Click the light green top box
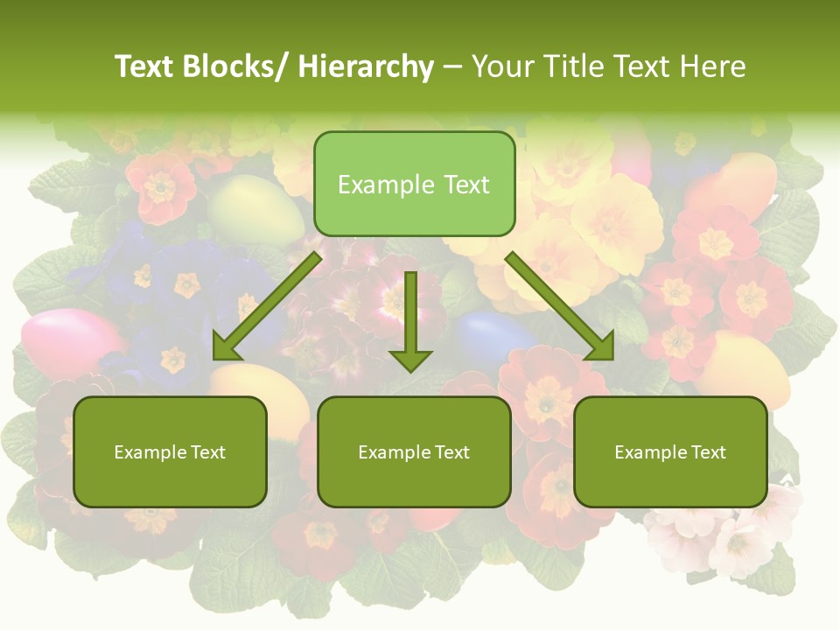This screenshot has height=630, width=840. coord(414,184)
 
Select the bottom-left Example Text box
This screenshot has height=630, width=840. coord(170,451)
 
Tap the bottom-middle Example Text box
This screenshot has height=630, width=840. coord(414,451)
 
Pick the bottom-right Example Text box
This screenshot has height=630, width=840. coord(670,451)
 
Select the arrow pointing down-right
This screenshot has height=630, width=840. coord(560,307)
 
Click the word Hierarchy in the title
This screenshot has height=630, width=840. coord(366,66)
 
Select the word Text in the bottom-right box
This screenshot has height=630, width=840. coord(708,451)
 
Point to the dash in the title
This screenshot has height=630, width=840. coord(452,67)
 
